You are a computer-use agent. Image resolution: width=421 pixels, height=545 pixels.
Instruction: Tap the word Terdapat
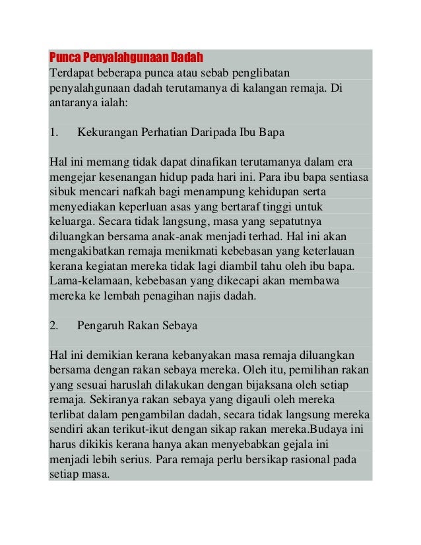coord(71,72)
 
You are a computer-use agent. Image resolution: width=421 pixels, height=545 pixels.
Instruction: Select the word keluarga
coord(69,222)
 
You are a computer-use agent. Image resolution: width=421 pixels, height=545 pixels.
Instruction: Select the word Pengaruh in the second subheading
coord(99,325)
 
